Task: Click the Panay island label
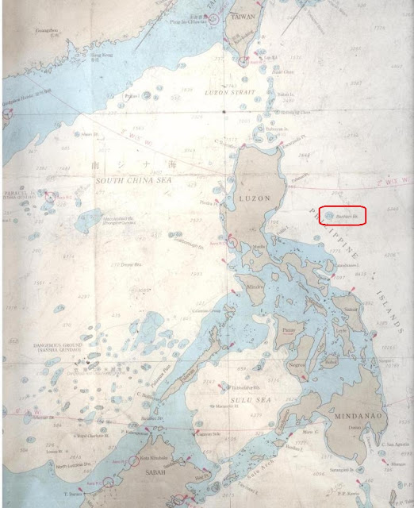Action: coord(287,327)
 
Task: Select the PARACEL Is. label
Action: coord(20,193)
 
